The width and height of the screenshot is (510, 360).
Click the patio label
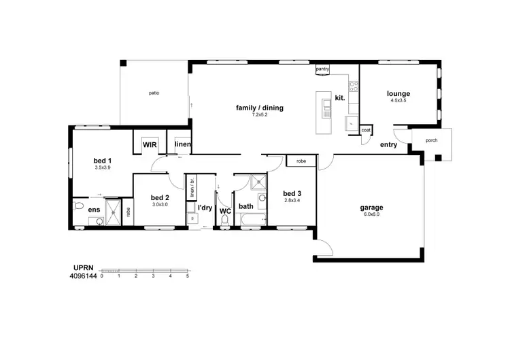(153, 93)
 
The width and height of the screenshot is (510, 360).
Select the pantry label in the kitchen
(322, 69)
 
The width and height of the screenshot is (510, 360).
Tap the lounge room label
(398, 93)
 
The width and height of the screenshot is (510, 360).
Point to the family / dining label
(259, 108)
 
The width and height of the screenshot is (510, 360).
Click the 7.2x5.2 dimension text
(259, 115)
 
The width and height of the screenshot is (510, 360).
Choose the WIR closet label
(150, 145)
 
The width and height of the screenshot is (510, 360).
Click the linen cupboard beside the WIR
(182, 145)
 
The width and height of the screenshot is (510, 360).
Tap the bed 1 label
(103, 161)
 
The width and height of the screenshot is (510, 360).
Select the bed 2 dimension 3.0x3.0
(160, 205)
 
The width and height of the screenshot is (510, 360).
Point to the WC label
(226, 211)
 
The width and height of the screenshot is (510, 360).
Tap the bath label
(245, 206)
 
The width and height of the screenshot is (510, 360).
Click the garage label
(372, 207)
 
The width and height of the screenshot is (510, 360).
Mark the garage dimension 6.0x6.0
(372, 214)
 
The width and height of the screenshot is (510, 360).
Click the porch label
(431, 141)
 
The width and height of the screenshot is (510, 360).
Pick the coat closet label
(366, 130)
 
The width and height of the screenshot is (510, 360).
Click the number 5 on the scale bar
(187, 276)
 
